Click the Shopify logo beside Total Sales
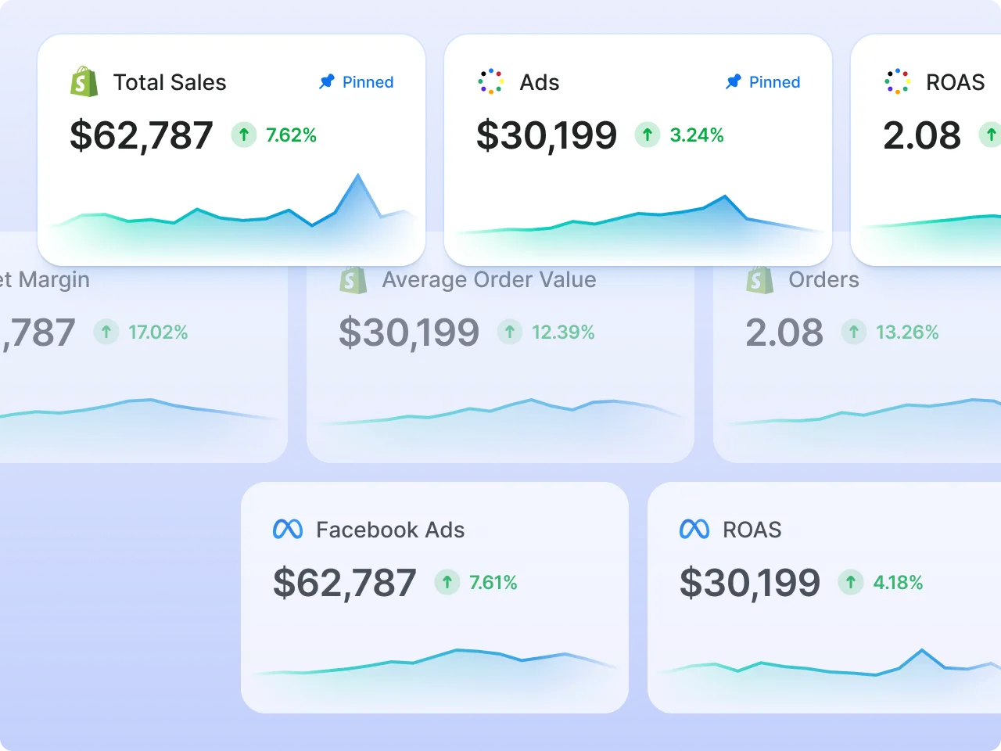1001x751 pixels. click(84, 82)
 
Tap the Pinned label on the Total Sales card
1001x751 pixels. click(367, 82)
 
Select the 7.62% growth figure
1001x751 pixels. click(291, 135)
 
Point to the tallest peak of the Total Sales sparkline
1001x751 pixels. click(358, 175)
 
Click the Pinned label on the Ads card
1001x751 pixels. click(773, 82)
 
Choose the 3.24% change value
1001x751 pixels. click(696, 135)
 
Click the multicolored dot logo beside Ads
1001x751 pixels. click(490, 81)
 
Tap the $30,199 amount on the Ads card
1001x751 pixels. click(546, 135)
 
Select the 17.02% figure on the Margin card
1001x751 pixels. click(158, 332)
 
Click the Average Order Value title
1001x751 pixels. click(489, 279)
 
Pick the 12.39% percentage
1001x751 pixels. click(563, 332)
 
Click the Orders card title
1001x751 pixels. click(823, 279)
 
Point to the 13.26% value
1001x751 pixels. click(907, 332)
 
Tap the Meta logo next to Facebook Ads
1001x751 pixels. click(288, 530)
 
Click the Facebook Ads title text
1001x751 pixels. click(390, 530)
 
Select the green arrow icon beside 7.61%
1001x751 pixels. click(447, 582)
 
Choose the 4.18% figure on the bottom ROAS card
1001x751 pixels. click(898, 583)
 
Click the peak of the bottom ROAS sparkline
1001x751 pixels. click(923, 650)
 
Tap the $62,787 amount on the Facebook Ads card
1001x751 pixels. click(344, 583)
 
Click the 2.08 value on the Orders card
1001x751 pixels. click(784, 332)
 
